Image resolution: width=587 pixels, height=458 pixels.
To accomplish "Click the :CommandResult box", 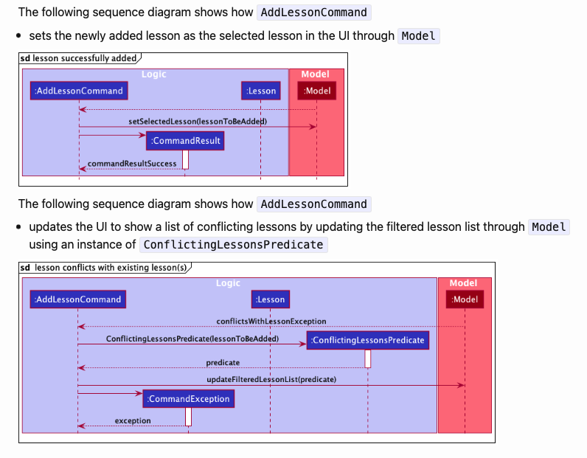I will tap(185, 141).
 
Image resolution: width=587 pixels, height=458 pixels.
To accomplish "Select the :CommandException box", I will tap(189, 399).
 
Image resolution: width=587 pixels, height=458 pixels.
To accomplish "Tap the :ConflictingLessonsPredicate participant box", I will tap(368, 340).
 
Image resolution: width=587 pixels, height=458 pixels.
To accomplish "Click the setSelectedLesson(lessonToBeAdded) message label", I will tap(198, 121).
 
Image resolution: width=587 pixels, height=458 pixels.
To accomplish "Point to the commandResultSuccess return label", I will tap(132, 164).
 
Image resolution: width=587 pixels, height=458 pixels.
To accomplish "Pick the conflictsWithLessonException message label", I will tap(271, 322).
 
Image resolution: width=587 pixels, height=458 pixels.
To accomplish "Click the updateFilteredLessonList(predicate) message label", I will tap(271, 379).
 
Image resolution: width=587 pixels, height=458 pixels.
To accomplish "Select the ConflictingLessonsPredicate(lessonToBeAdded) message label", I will tap(192, 339).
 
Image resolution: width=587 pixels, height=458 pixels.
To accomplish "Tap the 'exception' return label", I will tap(133, 420).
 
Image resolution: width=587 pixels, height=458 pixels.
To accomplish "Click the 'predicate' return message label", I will tap(223, 363).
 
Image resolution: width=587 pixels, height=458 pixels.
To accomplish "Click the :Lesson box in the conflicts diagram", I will tap(270, 299).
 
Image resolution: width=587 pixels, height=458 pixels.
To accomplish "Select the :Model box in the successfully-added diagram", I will tap(317, 91).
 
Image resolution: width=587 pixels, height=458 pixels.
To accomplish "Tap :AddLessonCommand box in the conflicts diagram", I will tap(77, 299).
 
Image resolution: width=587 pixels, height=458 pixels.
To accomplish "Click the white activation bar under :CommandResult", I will tap(186, 159).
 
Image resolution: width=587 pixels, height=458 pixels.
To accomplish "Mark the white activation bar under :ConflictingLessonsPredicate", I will tap(368, 358).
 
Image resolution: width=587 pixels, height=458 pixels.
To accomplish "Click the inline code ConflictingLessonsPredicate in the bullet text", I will tap(233, 245).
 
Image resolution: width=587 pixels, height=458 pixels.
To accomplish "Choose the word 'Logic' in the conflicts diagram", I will tap(228, 283).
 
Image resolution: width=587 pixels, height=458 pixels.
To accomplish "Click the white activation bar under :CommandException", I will tap(189, 417).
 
